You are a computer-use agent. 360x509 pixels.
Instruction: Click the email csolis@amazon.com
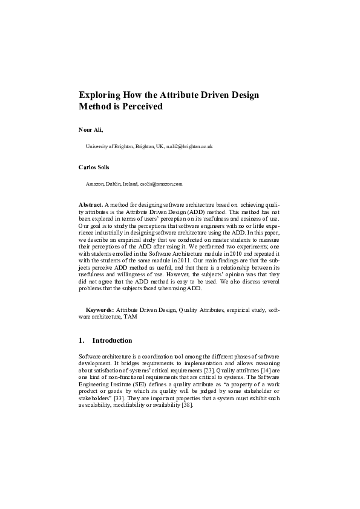tap(161, 183)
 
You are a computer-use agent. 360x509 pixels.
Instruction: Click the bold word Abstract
tap(91, 205)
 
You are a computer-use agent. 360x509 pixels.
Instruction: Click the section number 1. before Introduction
tap(82, 340)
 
